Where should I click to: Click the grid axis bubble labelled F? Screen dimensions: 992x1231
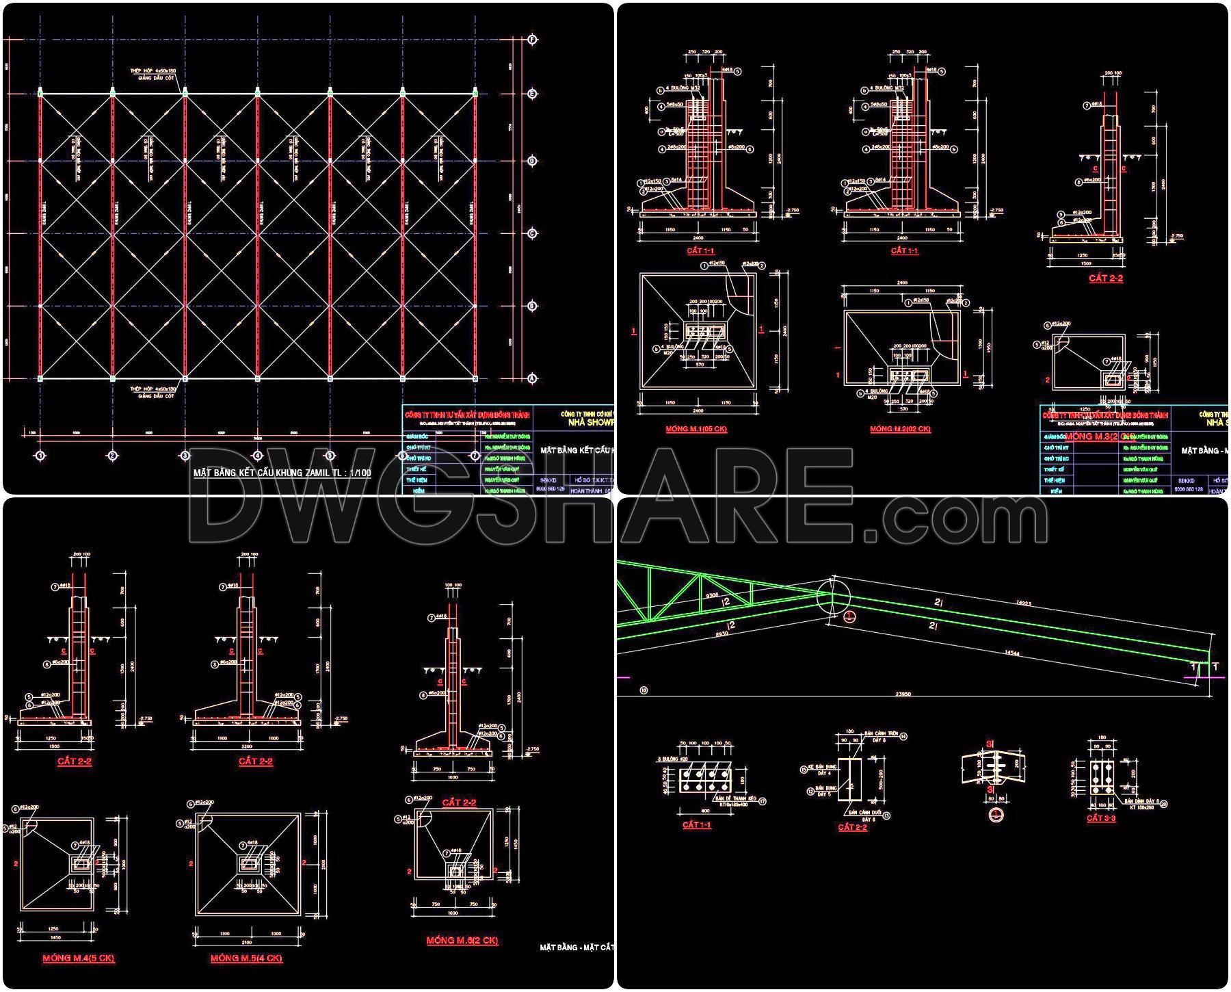(533, 40)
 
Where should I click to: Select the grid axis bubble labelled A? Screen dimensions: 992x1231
(533, 378)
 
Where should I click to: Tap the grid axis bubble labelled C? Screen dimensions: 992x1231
(533, 234)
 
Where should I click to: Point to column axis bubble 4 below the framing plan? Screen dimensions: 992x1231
(258, 455)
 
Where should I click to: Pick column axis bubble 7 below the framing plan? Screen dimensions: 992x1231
(476, 455)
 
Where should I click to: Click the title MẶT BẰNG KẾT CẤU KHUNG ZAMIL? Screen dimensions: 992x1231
(282, 473)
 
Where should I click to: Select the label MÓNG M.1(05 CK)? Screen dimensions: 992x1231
(696, 429)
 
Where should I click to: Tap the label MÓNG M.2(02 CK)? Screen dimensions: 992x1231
(900, 429)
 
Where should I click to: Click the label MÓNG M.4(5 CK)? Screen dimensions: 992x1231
(78, 958)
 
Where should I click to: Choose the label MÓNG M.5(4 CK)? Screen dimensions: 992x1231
(246, 958)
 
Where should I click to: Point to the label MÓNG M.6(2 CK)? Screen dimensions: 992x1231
(462, 941)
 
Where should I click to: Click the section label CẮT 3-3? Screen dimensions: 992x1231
(1101, 818)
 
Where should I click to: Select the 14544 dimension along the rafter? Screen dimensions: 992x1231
(1013, 654)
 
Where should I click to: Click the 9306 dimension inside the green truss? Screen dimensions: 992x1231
(712, 595)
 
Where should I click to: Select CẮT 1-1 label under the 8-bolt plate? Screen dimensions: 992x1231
(696, 825)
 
